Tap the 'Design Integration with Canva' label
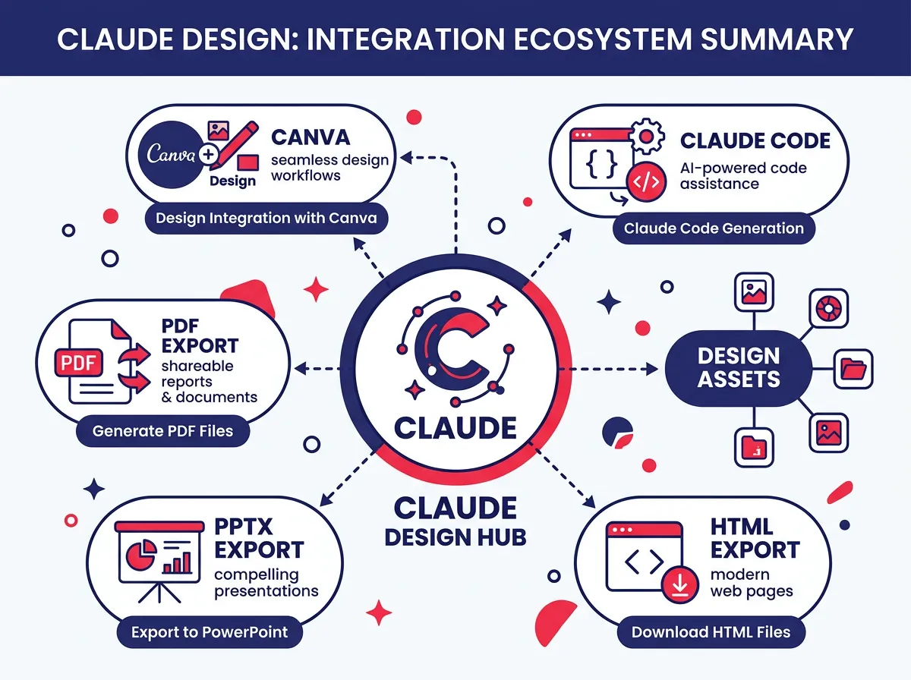pos(266,219)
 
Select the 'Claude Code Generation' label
pos(713,228)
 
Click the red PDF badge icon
pos(78,363)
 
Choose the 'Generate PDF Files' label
pos(162,431)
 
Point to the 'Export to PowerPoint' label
pos(210,631)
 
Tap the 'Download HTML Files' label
pos(711,631)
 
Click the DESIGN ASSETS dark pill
pos(738,368)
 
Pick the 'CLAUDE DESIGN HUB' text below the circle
pos(455,521)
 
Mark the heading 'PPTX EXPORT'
pos(258,537)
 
